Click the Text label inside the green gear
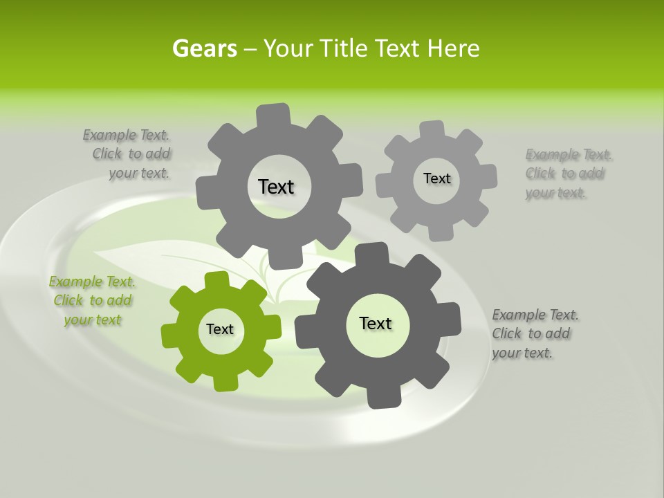[220, 329]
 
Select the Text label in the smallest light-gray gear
[436, 178]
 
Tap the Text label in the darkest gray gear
[376, 323]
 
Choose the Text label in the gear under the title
[276, 187]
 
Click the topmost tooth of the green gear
[216, 279]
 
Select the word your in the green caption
[77, 320]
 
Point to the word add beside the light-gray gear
[591, 174]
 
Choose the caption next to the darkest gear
[535, 333]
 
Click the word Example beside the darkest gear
[519, 315]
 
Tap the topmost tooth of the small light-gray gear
[432, 129]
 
